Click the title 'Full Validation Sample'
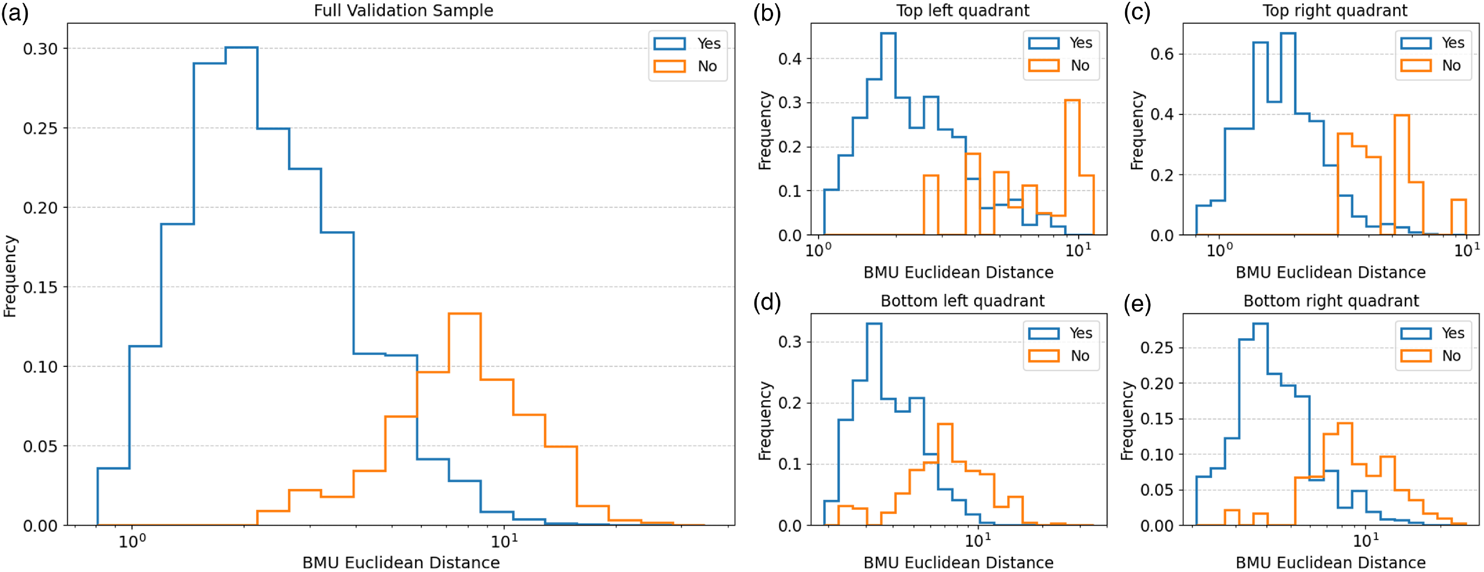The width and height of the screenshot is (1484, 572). [x=403, y=10]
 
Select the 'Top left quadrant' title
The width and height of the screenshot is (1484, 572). [x=963, y=10]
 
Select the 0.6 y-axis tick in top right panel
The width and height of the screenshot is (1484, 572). [x=1162, y=54]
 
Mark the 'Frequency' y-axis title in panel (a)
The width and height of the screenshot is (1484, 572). [x=10, y=276]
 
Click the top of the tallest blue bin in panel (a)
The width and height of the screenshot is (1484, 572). [x=241, y=47]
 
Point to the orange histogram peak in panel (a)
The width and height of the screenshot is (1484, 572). [x=464, y=314]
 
